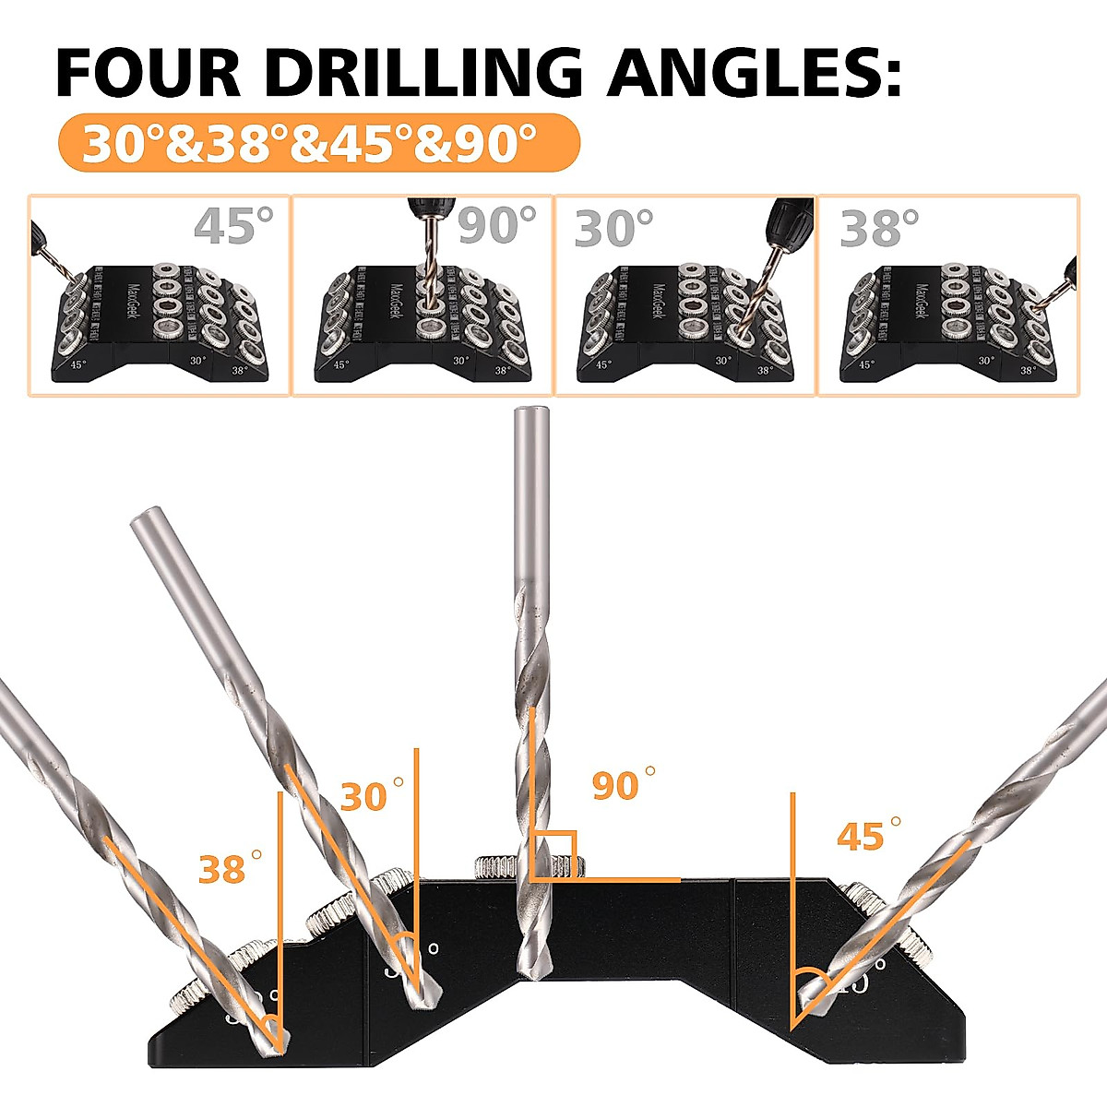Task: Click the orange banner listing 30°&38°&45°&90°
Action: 318,143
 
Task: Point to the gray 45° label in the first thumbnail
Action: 234,225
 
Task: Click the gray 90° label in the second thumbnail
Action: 496,225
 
